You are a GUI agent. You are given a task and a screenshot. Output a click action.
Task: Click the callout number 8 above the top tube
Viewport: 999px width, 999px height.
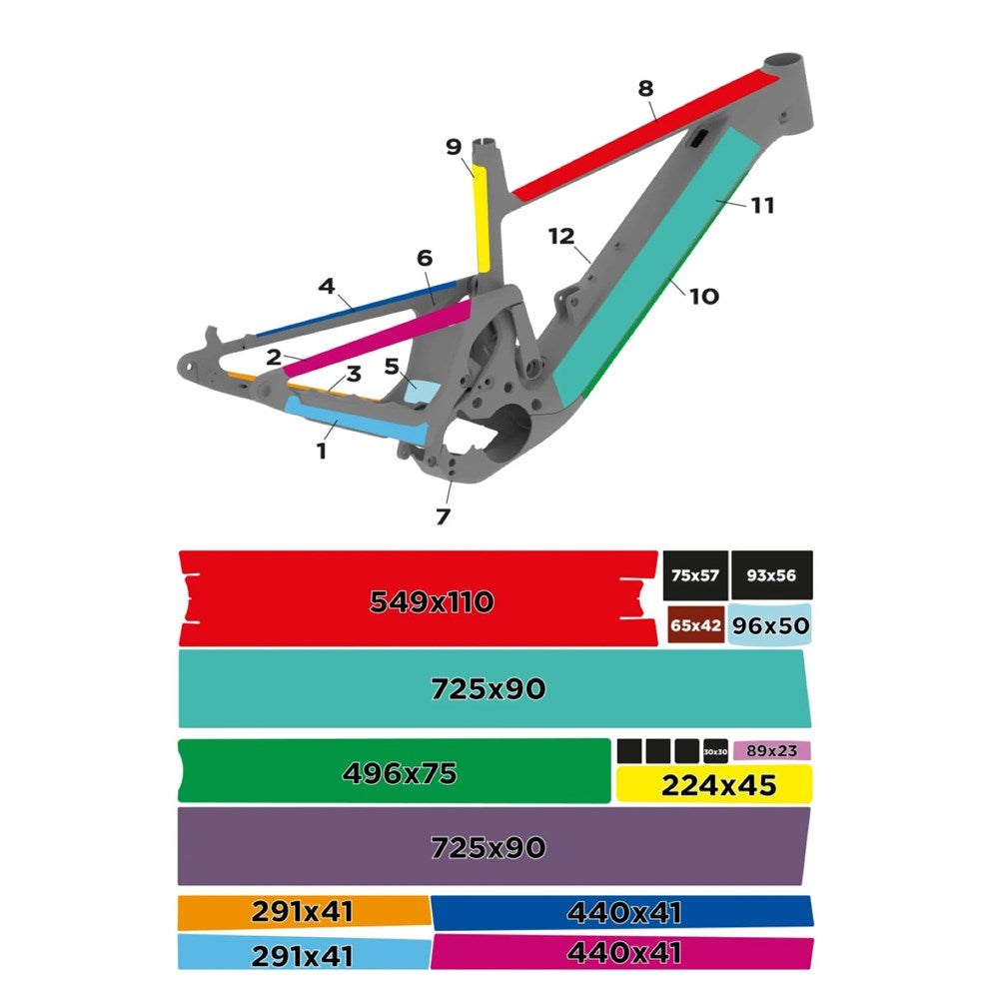point(645,88)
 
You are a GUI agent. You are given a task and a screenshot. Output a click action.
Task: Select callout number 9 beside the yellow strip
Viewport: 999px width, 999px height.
point(454,147)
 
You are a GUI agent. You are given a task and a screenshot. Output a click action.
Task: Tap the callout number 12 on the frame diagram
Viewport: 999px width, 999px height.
point(561,237)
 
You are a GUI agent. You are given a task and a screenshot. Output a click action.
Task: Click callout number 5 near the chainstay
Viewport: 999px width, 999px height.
point(392,366)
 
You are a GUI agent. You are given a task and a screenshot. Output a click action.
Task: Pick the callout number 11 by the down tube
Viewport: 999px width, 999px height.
point(762,206)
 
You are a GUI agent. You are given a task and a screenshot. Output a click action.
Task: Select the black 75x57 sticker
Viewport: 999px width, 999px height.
point(695,574)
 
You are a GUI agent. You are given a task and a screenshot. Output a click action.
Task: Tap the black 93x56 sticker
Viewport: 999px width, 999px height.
point(771,574)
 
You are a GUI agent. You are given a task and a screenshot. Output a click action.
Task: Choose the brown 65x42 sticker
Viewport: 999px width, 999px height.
point(695,625)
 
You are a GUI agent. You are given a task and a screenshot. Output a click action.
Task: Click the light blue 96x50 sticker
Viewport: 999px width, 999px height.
point(769,625)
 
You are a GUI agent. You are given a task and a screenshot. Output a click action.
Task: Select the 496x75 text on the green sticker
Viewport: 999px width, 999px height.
point(399,772)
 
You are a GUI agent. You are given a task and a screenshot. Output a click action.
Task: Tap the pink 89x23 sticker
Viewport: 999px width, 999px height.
point(771,750)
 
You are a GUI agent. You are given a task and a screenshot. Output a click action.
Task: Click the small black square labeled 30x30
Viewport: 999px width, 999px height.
point(715,751)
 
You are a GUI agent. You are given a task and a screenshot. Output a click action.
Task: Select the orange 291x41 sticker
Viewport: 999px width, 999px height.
point(303,911)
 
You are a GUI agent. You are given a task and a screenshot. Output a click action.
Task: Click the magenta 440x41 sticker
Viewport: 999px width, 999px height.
point(621,953)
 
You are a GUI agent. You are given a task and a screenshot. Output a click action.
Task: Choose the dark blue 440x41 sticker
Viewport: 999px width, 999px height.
point(621,911)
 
